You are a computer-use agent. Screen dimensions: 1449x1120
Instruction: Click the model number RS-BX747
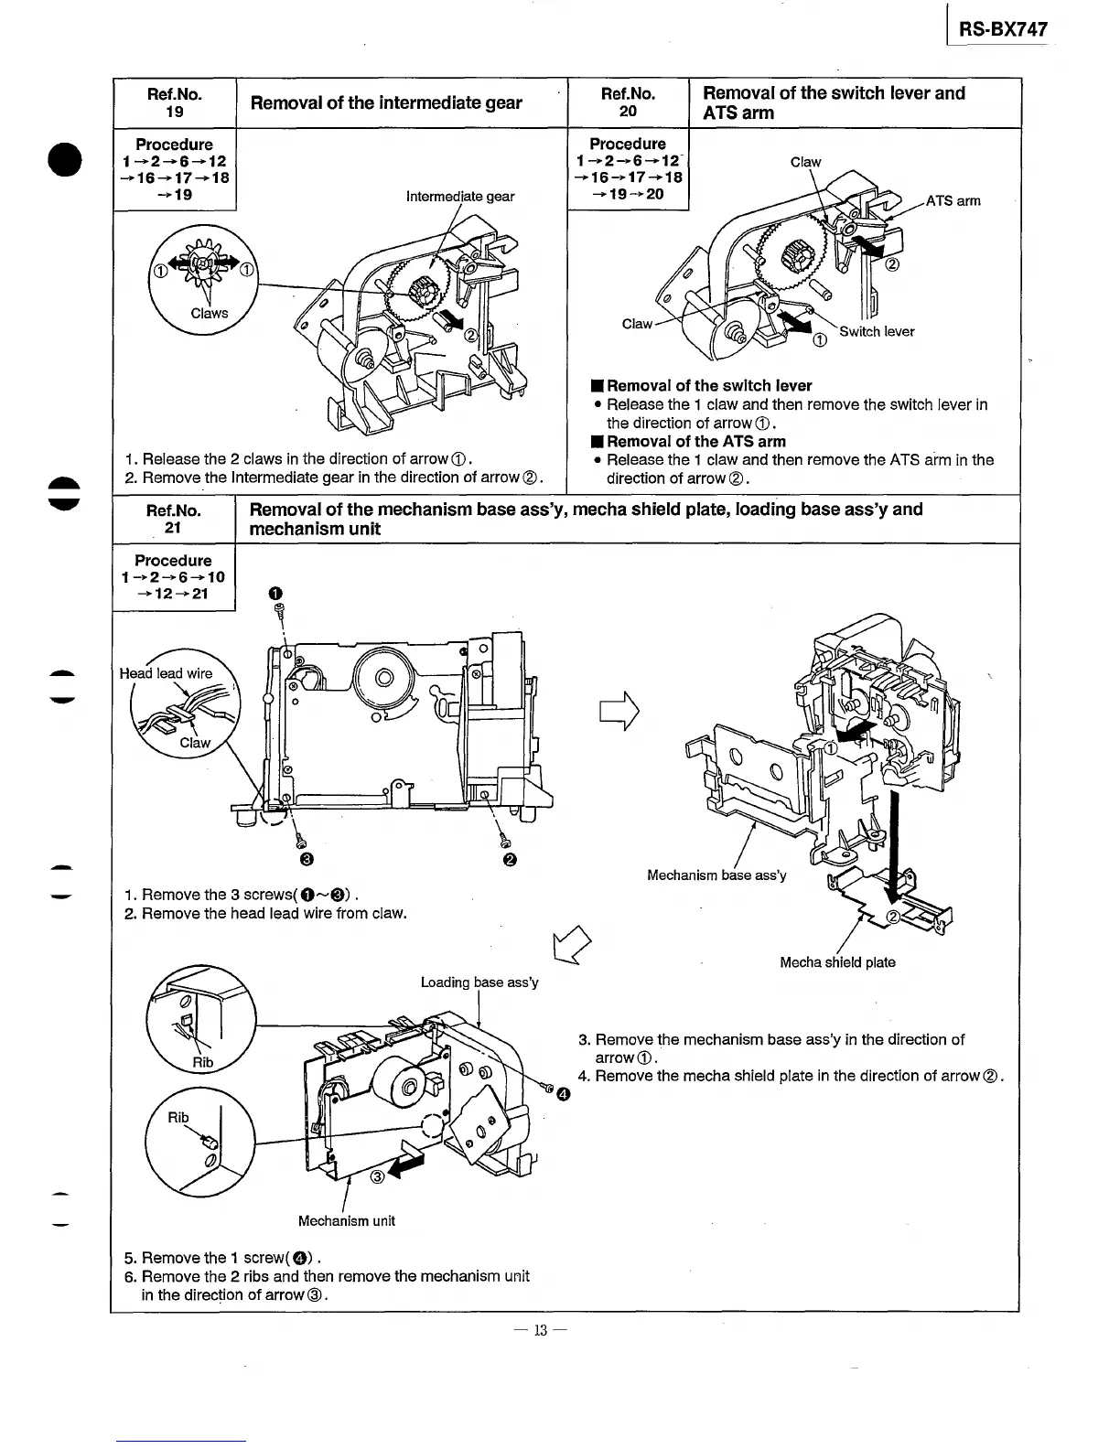[x=1002, y=29]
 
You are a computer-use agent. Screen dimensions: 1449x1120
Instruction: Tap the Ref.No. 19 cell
[x=174, y=102]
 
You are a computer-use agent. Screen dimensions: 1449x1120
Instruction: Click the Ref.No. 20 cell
[x=628, y=102]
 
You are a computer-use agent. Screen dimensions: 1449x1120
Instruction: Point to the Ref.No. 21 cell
[x=174, y=519]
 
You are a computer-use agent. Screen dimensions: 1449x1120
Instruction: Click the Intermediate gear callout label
[x=460, y=197]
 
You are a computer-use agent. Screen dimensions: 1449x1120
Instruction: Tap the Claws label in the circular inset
[x=209, y=313]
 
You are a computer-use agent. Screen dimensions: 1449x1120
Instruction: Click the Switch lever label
[x=877, y=332]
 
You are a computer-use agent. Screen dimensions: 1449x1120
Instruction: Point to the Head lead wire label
[x=166, y=673]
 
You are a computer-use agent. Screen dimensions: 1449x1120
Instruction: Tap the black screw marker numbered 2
[x=509, y=860]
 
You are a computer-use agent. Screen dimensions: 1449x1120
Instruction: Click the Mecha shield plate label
[x=837, y=962]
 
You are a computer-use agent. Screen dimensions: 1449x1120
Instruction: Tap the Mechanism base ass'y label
[x=716, y=875]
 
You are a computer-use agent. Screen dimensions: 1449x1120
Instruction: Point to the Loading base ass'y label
[x=479, y=982]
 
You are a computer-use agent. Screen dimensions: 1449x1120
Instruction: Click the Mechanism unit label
[x=347, y=1221]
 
